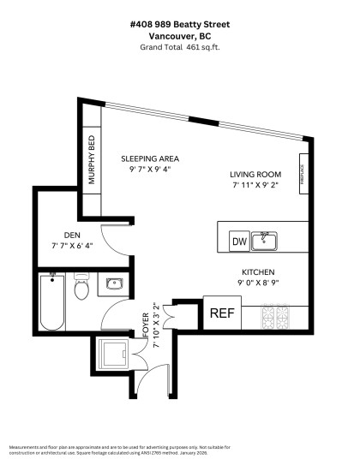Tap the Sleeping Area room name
pyautogui.click(x=150, y=159)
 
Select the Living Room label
pyautogui.click(x=256, y=173)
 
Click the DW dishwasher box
pyautogui.click(x=240, y=242)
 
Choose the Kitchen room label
pyautogui.click(x=258, y=271)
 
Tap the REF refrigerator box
pyautogui.click(x=222, y=313)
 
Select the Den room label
pyautogui.click(x=72, y=235)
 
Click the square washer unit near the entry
pyautogui.click(x=113, y=353)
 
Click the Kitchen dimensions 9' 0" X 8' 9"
pyautogui.click(x=258, y=282)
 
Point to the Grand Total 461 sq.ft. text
pyautogui.click(x=180, y=47)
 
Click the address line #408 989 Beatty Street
pyautogui.click(x=180, y=25)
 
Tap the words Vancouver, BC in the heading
pyautogui.click(x=180, y=36)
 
